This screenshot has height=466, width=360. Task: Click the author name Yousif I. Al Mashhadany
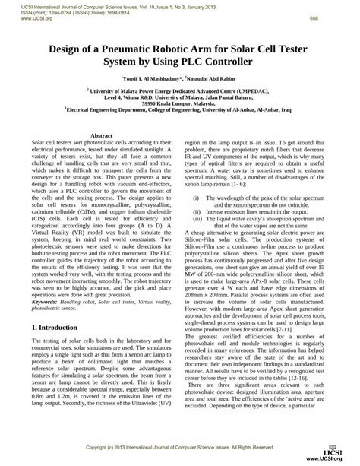coord(151,78)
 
